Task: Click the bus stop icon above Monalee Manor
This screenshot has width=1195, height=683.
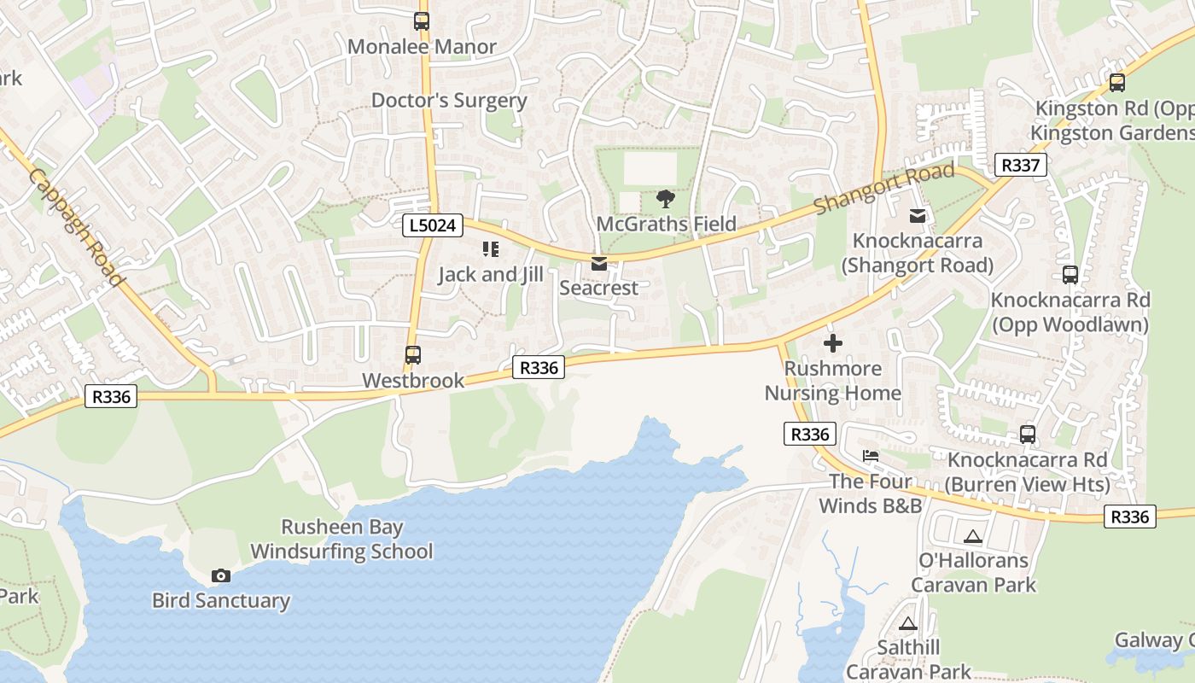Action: pyautogui.click(x=422, y=21)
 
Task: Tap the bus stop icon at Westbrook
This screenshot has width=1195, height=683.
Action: pyautogui.click(x=413, y=354)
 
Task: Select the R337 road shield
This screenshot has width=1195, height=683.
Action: pyautogui.click(x=1021, y=165)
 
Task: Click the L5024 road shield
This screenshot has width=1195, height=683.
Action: pyautogui.click(x=433, y=225)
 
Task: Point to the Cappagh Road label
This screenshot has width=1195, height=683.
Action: pyautogui.click(x=76, y=227)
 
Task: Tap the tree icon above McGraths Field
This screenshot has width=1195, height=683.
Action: pyautogui.click(x=666, y=200)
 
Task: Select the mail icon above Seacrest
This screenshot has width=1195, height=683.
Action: pyautogui.click(x=599, y=264)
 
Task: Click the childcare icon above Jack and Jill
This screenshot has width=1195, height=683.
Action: pyautogui.click(x=490, y=249)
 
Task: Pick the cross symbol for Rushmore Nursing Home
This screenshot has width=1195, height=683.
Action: pyautogui.click(x=833, y=343)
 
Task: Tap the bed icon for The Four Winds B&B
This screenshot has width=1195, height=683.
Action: pyautogui.click(x=871, y=456)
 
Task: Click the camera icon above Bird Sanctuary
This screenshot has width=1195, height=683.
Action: pyautogui.click(x=221, y=576)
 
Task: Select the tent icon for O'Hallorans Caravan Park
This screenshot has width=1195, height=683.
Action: pyautogui.click(x=973, y=537)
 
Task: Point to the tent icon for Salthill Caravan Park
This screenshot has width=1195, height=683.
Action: pyautogui.click(x=908, y=624)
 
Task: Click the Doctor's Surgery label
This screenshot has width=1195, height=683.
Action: pyautogui.click(x=449, y=101)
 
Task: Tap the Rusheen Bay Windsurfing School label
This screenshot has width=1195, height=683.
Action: pyautogui.click(x=341, y=540)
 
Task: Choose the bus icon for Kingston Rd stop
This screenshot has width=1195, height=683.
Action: pyautogui.click(x=1117, y=83)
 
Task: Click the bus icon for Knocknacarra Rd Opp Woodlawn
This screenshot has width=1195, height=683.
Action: pyautogui.click(x=1070, y=275)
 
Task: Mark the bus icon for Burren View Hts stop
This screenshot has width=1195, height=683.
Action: pyautogui.click(x=1029, y=435)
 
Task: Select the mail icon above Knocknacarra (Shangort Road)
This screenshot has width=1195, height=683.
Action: pyautogui.click(x=918, y=216)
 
